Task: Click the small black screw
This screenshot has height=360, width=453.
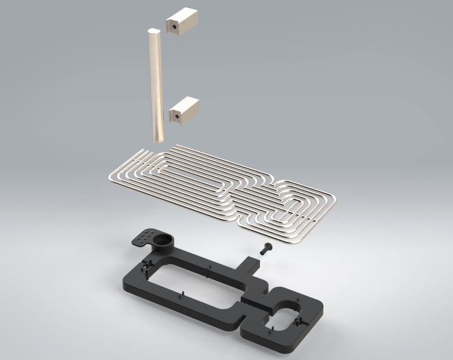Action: pos(264,249)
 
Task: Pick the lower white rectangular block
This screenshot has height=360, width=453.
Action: pos(184,110)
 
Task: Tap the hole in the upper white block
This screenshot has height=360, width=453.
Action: pos(175,25)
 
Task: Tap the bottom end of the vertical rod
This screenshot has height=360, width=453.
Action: pos(159,138)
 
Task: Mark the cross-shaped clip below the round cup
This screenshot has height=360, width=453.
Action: pos(145,269)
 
